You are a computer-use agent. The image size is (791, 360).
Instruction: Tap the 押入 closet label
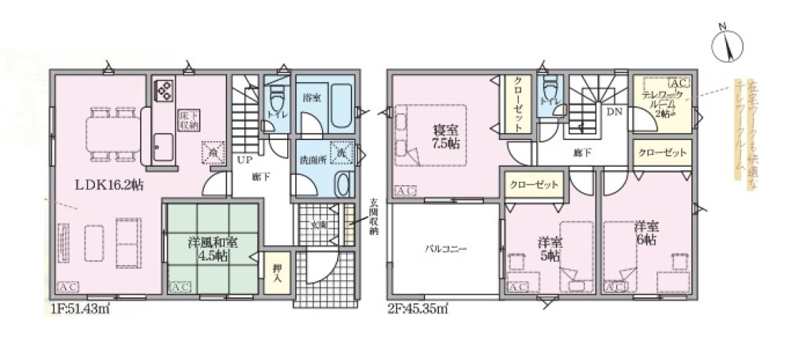click(278, 271)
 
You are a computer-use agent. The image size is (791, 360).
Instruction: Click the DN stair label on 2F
click(614, 112)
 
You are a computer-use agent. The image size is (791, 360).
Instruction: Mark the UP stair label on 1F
click(244, 159)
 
